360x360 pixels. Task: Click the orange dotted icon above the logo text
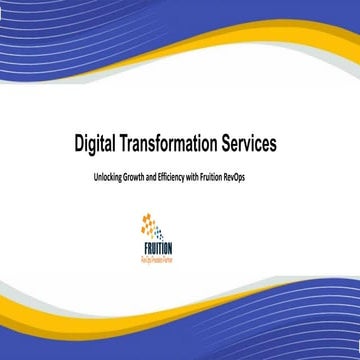tap(152, 226)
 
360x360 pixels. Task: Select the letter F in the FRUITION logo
tap(144, 249)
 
